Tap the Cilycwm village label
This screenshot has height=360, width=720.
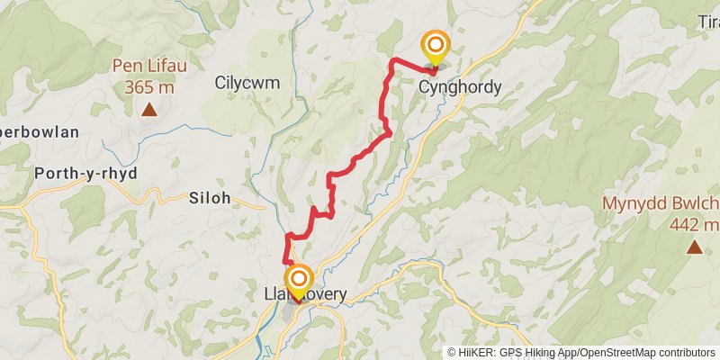tap(247, 83)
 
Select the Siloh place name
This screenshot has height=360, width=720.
tap(211, 197)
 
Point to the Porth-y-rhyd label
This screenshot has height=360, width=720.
tap(85, 174)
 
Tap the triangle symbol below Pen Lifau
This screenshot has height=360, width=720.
tap(148, 111)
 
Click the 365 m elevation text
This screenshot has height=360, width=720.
tap(149, 87)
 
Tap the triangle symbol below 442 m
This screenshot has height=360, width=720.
tap(694, 247)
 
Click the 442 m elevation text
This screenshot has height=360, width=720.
tap(695, 225)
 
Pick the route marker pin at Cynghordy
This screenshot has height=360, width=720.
tap(436, 47)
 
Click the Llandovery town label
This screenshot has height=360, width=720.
tap(305, 294)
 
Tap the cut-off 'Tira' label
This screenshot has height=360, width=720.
tap(707, 21)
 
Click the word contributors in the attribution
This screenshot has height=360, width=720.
tap(685, 353)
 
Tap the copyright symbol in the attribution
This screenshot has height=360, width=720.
tap(452, 353)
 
